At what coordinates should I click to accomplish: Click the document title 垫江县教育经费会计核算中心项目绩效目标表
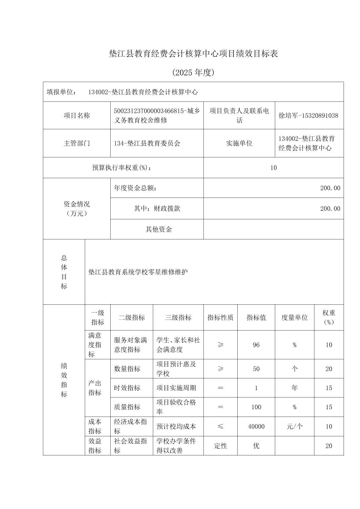click(193, 54)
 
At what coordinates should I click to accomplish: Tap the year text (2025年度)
click(193, 73)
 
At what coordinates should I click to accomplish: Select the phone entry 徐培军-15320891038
click(308, 116)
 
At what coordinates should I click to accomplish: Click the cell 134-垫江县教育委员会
click(147, 143)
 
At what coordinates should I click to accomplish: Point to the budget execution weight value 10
click(274, 168)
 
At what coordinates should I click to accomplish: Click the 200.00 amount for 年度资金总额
click(330, 188)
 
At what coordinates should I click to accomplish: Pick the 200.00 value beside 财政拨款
click(330, 209)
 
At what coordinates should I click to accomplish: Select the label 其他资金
click(159, 229)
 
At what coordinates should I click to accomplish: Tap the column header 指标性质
click(220, 317)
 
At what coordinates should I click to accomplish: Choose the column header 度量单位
click(294, 317)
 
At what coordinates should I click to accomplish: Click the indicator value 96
click(256, 345)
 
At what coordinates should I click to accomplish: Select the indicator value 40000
click(256, 427)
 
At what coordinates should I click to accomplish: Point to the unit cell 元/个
click(294, 427)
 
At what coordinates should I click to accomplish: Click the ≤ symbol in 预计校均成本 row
click(220, 427)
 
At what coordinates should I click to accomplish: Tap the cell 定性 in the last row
click(220, 446)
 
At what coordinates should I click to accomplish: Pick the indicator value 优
click(256, 446)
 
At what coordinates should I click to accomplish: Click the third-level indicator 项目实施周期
click(176, 388)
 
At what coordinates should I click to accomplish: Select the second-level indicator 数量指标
click(127, 369)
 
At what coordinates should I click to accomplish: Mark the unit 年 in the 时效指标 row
click(294, 388)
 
